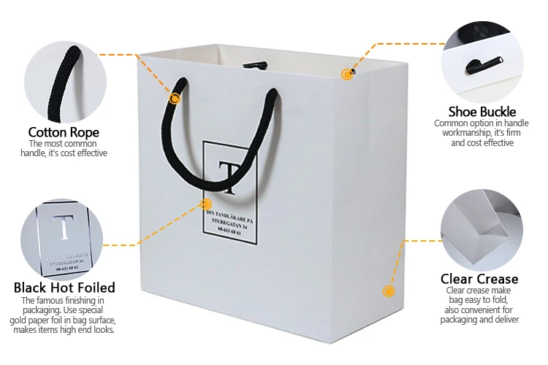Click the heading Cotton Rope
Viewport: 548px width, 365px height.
pyautogui.click(x=64, y=132)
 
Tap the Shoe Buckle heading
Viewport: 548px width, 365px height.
pyautogui.click(x=482, y=112)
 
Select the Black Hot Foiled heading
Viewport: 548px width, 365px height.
pyautogui.click(x=64, y=287)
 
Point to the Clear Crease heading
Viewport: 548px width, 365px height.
pyautogui.click(x=479, y=279)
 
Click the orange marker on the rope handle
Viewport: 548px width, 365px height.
pyautogui.click(x=175, y=98)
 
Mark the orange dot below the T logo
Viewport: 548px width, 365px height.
pyautogui.click(x=206, y=204)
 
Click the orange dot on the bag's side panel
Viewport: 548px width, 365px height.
pyautogui.click(x=388, y=291)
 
